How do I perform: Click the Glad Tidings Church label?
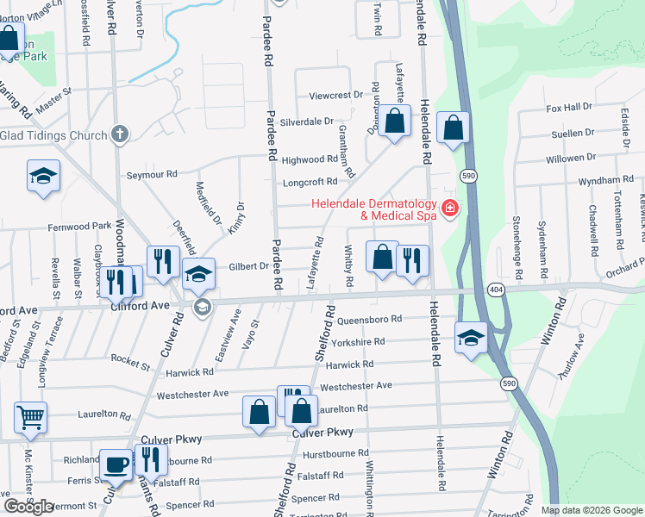[53, 135]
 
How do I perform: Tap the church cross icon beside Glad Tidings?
[120, 134]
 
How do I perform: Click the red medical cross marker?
[448, 209]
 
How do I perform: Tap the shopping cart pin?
[30, 417]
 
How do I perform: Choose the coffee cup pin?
[116, 465]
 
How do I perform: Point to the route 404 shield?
[495, 288]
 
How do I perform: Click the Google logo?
[28, 507]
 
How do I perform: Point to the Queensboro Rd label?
[370, 319]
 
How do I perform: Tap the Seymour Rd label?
[152, 174]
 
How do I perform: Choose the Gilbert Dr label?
[247, 266]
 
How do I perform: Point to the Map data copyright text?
[591, 510]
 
